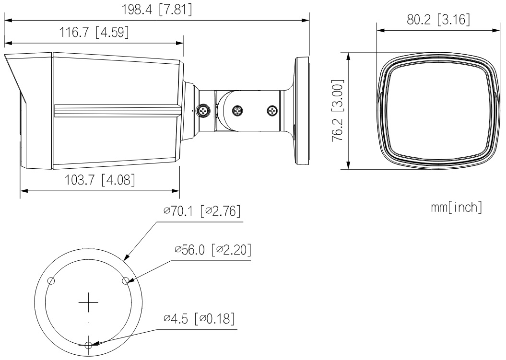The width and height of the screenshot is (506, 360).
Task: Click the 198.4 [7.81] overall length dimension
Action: pos(156,10)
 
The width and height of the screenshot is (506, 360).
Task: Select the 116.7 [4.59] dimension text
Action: pos(94,32)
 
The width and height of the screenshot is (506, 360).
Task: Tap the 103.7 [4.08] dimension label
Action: pos(100,180)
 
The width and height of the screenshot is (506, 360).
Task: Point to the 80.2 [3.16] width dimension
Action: pos(438,20)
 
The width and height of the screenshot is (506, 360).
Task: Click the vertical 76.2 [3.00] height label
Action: pos(338,110)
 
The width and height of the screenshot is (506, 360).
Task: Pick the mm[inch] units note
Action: pos(456,207)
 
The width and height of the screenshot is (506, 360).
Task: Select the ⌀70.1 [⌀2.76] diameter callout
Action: pos(202,211)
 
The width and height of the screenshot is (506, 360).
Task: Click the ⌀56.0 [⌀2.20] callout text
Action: pos(213,250)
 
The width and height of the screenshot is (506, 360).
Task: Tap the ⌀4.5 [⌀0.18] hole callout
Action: pos(199,318)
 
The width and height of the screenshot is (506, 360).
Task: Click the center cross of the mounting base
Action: pos(88,302)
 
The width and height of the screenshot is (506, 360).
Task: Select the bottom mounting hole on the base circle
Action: pos(88,345)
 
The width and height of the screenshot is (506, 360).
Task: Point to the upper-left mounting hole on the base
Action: pos(51,281)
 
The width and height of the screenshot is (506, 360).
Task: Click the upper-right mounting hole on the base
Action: pos(126,281)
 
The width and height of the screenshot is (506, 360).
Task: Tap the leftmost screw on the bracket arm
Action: pos(203,111)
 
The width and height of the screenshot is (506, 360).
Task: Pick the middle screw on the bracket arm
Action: pos(238,111)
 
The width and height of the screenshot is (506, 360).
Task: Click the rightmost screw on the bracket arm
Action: pos(273,111)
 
